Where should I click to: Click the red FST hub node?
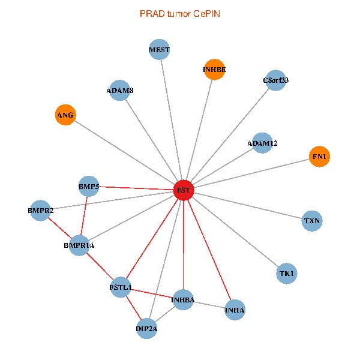point(183,190)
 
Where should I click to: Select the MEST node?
point(160,50)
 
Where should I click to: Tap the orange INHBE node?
point(214,70)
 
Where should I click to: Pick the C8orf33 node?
point(275,80)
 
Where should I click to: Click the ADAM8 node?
point(121,91)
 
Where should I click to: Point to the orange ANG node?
point(65,115)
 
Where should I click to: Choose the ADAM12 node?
point(262,143)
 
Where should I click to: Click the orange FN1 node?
point(319,157)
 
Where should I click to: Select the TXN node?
point(312,221)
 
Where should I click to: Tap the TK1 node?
point(287,274)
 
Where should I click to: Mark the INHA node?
point(235,310)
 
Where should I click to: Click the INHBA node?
point(183,299)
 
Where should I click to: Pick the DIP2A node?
point(147,328)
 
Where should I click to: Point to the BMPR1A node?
point(79,245)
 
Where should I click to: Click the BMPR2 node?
point(40,211)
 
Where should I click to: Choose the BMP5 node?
point(89,186)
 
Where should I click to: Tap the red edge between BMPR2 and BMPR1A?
point(60,228)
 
